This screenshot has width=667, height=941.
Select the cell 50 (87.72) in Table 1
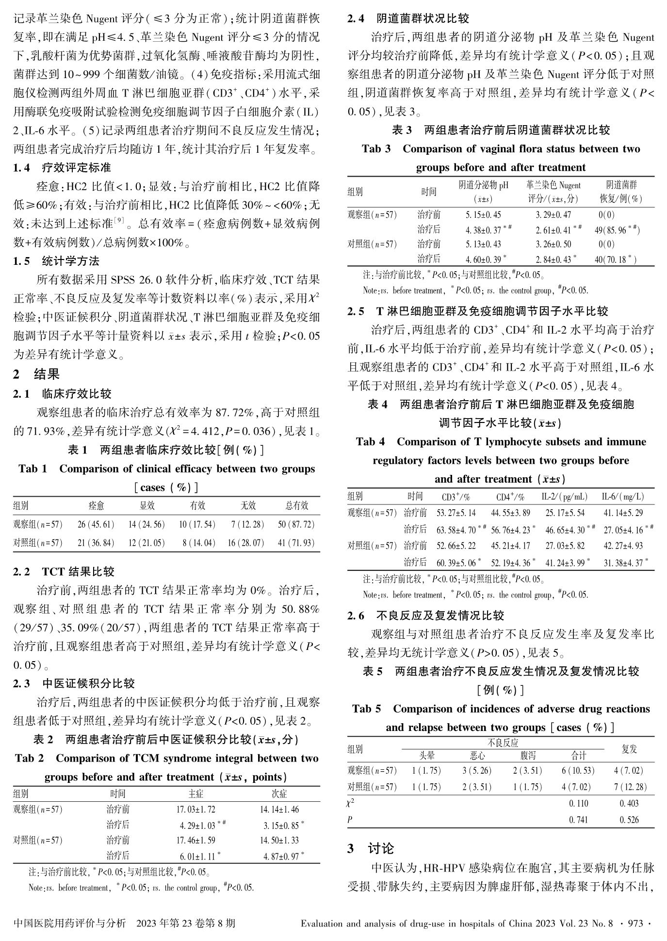(x=296, y=524)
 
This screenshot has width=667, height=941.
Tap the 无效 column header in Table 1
(x=248, y=506)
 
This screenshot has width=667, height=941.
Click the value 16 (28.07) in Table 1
(x=246, y=543)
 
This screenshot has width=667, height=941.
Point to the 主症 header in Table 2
(x=196, y=794)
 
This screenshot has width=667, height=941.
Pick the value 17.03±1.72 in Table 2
(x=195, y=809)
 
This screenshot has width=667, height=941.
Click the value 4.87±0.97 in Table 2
(x=281, y=856)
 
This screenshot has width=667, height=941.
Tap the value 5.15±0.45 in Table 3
(x=483, y=215)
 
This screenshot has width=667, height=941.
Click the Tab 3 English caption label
(x=376, y=149)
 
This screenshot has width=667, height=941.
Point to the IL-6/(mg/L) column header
(x=622, y=497)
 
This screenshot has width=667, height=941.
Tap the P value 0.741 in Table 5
(x=578, y=820)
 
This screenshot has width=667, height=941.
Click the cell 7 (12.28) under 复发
(x=629, y=787)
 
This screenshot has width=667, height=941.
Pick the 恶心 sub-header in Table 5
(x=477, y=756)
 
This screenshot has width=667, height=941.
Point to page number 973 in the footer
(x=635, y=924)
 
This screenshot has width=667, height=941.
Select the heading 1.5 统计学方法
(x=56, y=261)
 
